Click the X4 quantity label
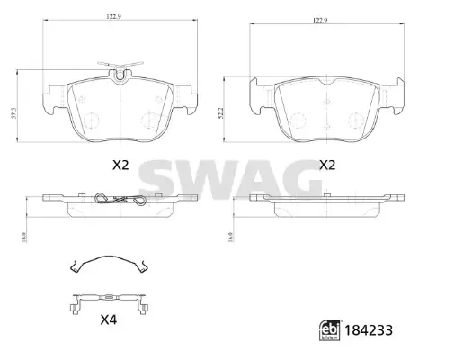(x=109, y=319)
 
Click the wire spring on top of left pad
(x=119, y=67)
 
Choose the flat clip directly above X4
(x=108, y=299)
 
